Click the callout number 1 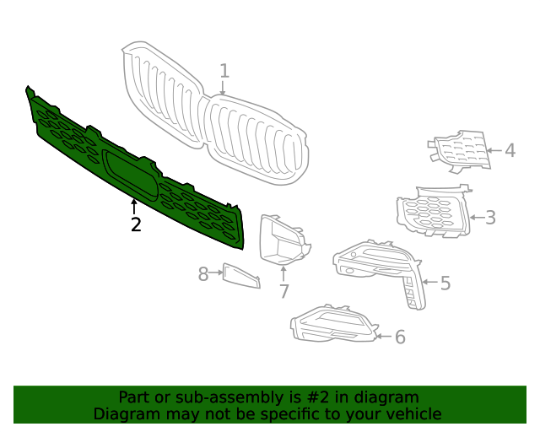(x=224, y=71)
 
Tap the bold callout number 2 (x=135, y=224)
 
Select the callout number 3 (x=490, y=218)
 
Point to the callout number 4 (x=510, y=151)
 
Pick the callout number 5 (x=445, y=283)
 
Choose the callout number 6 (x=400, y=337)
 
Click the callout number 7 (x=283, y=292)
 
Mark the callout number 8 (x=203, y=274)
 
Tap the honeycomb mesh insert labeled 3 (x=432, y=213)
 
